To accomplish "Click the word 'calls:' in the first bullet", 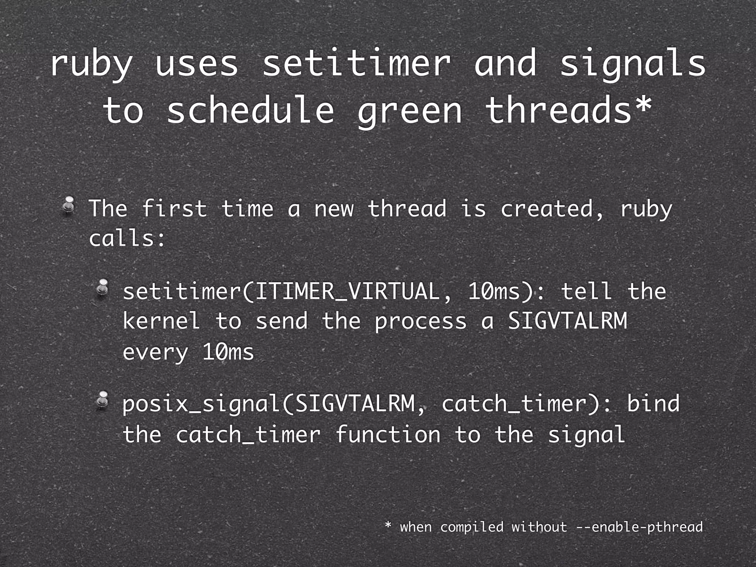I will pyautogui.click(x=127, y=238).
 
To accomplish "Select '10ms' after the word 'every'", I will pyautogui.click(x=228, y=352).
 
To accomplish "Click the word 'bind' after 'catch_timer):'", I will pyautogui.click(x=653, y=403).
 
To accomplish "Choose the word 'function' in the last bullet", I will pyautogui.click(x=388, y=434).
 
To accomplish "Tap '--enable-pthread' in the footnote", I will pyautogui.click(x=639, y=527).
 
